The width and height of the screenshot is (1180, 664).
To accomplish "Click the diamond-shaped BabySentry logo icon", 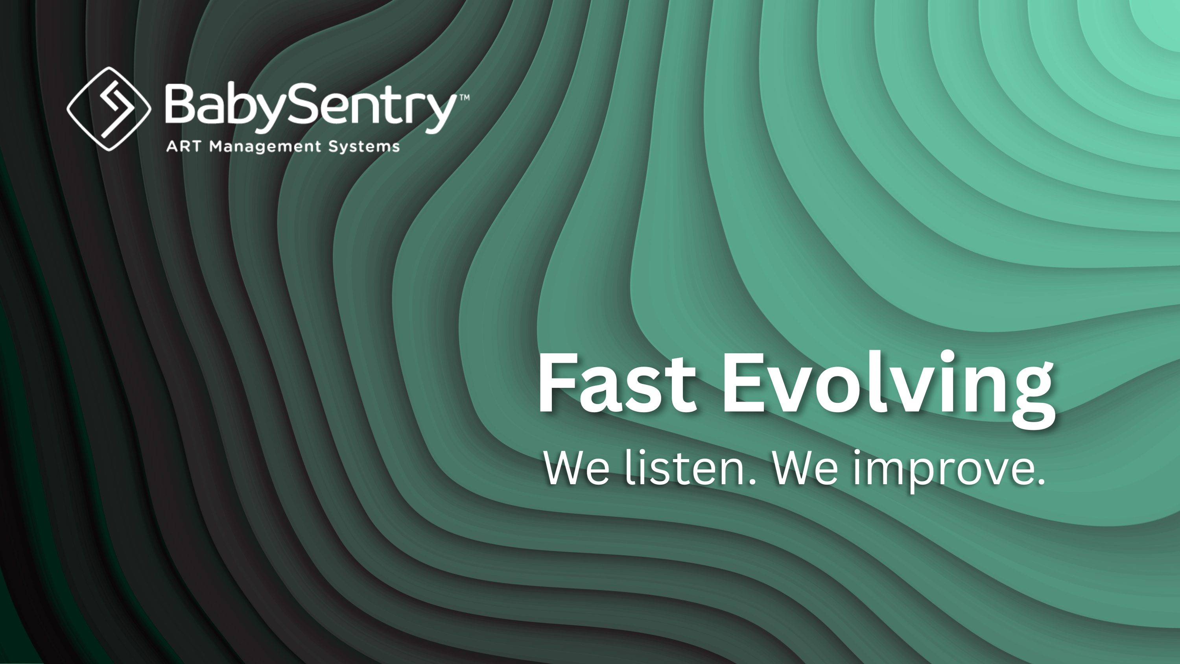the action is [x=109, y=109].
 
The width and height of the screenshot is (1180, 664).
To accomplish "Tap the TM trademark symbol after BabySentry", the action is [x=464, y=98].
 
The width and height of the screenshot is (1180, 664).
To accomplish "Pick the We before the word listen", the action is [x=576, y=468].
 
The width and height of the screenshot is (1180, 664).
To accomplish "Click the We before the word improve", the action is [x=805, y=468].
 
